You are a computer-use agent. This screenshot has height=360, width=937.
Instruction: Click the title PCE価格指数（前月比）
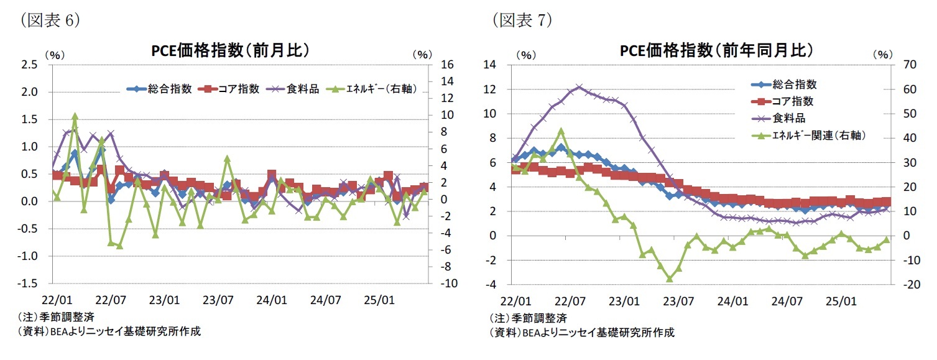230,50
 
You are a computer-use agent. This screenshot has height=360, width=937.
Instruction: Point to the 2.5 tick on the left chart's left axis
30,65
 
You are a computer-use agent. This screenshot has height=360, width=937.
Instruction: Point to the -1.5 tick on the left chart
29,284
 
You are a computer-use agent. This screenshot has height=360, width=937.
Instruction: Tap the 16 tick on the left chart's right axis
447,65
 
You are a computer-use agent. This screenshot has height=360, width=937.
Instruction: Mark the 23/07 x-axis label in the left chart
218,299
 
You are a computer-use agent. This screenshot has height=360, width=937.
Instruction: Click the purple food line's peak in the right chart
579,87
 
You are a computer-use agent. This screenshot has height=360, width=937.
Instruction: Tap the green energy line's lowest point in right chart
670,279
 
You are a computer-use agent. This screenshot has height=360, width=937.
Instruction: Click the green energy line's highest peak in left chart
75,116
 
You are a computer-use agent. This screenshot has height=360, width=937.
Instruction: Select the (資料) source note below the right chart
581,332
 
